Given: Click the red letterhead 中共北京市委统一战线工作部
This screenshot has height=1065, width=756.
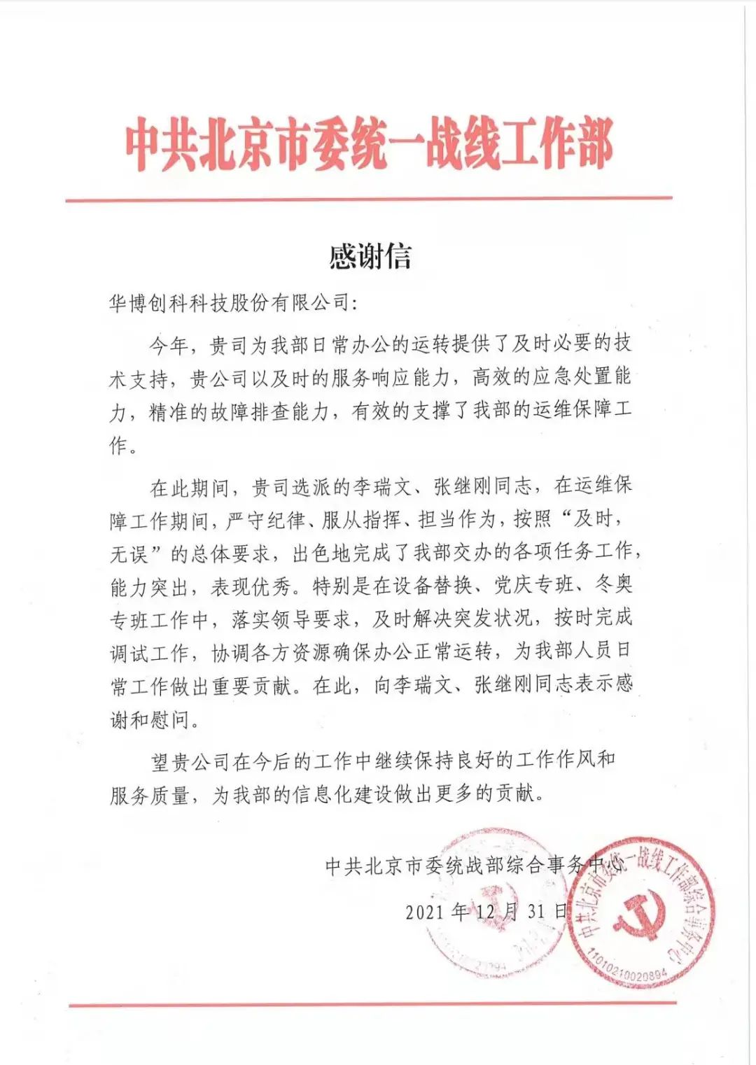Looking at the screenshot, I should (370, 146).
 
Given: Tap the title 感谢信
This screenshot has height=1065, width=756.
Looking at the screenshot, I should (370, 257).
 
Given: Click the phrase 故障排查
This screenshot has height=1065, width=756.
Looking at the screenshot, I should (249, 412).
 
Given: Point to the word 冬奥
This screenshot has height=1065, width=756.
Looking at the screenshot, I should (614, 584).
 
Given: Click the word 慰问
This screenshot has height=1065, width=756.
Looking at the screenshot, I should (170, 720).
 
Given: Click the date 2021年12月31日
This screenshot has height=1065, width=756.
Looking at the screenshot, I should (486, 911).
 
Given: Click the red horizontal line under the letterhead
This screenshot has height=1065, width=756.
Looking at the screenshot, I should (369, 199).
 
